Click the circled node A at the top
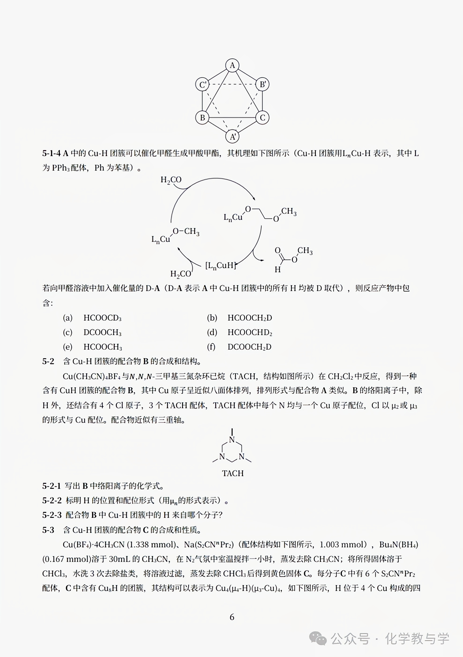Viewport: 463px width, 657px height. (232, 65)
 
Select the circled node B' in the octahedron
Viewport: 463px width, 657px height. (262, 84)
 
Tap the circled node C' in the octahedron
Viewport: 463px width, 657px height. (202, 85)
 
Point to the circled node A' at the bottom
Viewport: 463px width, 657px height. (232, 137)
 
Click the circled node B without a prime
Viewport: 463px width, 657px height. (202, 118)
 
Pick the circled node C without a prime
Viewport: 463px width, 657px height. (262, 118)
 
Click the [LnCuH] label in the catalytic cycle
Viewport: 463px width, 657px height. (221, 266)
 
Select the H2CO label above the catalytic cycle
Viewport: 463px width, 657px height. (171, 180)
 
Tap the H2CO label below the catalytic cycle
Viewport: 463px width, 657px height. (180, 274)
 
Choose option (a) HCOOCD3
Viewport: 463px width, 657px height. (102, 318)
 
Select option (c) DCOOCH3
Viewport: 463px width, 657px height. (102, 332)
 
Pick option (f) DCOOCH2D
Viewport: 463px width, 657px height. (249, 347)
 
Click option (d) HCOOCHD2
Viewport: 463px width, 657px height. (250, 332)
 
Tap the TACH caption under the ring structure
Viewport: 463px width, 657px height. (233, 473)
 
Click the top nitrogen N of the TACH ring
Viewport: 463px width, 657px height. (232, 440)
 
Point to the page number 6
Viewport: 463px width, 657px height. (232, 617)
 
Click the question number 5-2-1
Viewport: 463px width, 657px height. (52, 486)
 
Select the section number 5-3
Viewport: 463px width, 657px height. (48, 530)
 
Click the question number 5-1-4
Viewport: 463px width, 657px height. (52, 154)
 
